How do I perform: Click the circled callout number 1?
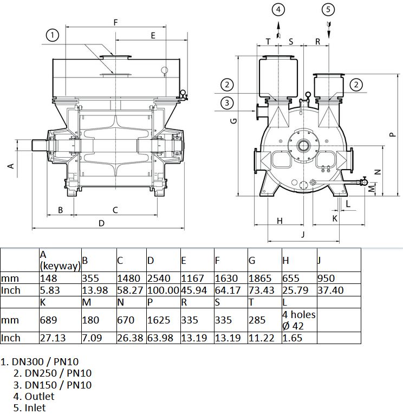(52, 35)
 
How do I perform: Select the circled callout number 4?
(278, 10)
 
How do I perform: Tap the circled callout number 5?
(328, 10)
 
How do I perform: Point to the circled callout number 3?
(227, 103)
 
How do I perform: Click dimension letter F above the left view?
(115, 23)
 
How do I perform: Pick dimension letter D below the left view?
(102, 223)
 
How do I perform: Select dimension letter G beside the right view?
(233, 121)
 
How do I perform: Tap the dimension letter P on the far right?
(393, 134)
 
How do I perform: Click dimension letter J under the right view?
(303, 234)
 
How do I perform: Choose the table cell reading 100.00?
(163, 290)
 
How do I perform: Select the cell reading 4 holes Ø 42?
(299, 320)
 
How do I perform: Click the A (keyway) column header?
(60, 260)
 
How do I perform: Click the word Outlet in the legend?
(40, 396)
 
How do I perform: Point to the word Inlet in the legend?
(35, 407)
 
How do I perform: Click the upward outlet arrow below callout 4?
(278, 30)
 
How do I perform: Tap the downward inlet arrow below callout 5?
(329, 30)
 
